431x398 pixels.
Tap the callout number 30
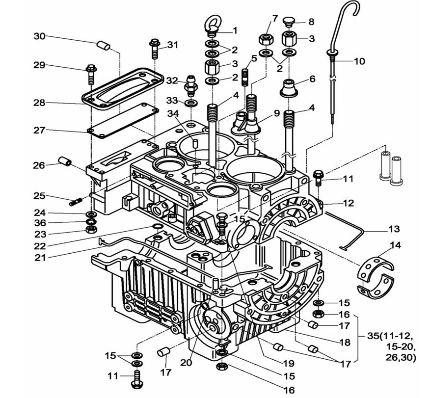(x=39, y=36)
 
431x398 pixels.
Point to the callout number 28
(x=39, y=103)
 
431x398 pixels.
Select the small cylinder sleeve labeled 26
(x=65, y=161)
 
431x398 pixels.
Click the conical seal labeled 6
(x=290, y=89)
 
